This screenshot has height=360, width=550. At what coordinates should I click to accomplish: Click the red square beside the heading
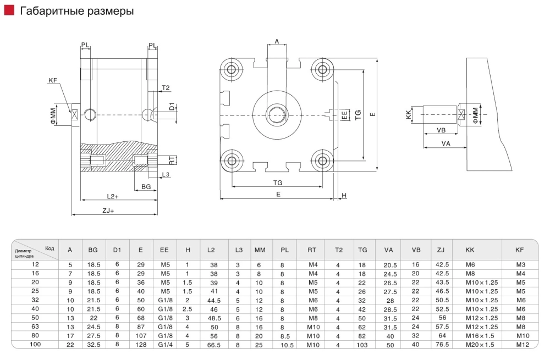pos(10,10)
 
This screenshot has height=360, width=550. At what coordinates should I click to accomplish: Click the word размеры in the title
pos(107,10)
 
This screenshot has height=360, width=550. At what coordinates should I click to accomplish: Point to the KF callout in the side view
pos(53,81)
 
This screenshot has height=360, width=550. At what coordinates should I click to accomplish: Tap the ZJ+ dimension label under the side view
pos(108,210)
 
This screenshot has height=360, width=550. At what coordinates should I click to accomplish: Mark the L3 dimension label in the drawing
pos(166,175)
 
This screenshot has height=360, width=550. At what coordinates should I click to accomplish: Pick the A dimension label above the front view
pos(277,41)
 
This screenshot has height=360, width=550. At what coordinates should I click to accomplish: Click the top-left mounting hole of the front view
pos(230,69)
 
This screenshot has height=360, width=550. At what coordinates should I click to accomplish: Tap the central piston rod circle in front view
pos(277,115)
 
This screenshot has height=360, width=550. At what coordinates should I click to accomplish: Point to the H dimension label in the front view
pos(344,196)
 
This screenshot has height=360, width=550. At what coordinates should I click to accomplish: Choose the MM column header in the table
pos(260,250)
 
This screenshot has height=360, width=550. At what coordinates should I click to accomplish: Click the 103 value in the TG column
pos(362,344)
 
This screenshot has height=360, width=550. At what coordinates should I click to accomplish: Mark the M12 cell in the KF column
pos(522,344)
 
